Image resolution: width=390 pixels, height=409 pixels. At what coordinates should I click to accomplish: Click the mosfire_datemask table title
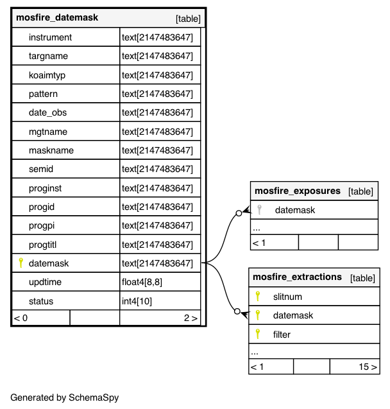(57, 18)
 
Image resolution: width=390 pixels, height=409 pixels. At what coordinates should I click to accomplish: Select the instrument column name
(50, 37)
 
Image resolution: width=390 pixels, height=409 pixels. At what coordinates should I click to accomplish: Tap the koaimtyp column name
(47, 75)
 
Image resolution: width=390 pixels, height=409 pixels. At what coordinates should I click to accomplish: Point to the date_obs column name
(47, 112)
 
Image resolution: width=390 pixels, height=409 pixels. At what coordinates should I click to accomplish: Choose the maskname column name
(51, 150)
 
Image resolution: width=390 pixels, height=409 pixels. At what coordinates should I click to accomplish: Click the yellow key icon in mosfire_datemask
(21, 263)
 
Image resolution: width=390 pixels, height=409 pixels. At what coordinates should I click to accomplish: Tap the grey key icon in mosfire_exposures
(259, 209)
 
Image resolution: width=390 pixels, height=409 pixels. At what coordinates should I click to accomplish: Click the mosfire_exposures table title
(297, 191)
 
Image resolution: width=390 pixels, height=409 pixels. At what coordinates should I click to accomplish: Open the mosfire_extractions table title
(297, 277)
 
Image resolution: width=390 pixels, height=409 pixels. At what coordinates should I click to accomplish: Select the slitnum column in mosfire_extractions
(287, 297)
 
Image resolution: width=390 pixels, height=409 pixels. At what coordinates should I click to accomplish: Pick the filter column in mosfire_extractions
(282, 335)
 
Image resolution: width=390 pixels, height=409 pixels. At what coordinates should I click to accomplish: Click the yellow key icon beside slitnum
(258, 296)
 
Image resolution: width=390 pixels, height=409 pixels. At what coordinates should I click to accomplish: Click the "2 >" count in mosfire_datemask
(191, 318)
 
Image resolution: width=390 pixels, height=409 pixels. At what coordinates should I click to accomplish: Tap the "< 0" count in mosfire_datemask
(21, 318)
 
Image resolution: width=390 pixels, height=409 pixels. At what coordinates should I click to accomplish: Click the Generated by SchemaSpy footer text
(64, 397)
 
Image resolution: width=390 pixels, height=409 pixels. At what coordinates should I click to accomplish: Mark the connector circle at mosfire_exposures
(239, 213)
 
